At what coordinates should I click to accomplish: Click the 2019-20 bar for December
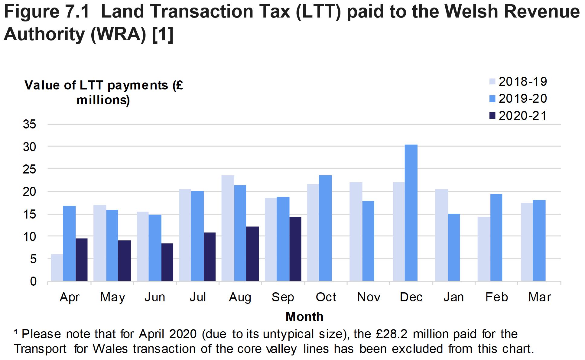pyautogui.click(x=411, y=213)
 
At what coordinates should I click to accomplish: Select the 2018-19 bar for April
pyautogui.click(x=57, y=268)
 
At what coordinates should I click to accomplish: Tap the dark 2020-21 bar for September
pyautogui.click(x=295, y=249)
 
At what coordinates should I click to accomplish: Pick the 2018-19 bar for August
pyautogui.click(x=228, y=228)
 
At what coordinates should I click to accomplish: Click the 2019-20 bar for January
pyautogui.click(x=454, y=247)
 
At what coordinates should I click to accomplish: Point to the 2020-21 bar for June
pyautogui.click(x=167, y=262)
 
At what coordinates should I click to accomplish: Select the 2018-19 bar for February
pyautogui.click(x=484, y=249)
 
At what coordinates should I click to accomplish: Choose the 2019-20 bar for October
pyautogui.click(x=325, y=228)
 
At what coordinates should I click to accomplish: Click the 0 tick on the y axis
pyautogui.click(x=33, y=281)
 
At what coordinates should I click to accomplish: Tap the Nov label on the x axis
pyautogui.click(x=369, y=297)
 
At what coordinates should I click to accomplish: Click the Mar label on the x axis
pyautogui.click(x=540, y=297)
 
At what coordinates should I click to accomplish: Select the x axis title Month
pyautogui.click(x=304, y=317)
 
